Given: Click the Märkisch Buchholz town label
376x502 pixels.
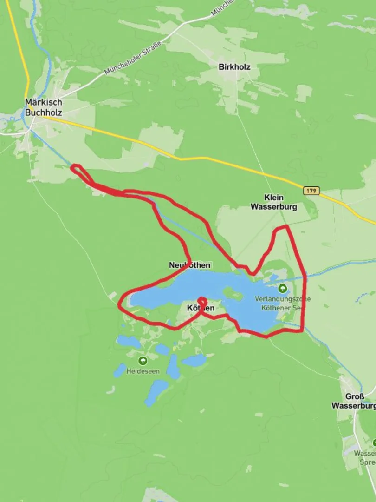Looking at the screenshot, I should tap(43, 107).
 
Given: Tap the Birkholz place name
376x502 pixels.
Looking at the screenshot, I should tap(234, 67).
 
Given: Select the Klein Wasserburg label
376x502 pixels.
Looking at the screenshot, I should tap(273, 202).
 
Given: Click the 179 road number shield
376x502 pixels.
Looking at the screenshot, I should tap(311, 191).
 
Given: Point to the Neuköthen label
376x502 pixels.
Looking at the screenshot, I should tap(189, 265).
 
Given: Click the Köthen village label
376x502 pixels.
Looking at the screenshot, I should tap(201, 308).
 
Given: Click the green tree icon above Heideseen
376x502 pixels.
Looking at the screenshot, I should tap(143, 360).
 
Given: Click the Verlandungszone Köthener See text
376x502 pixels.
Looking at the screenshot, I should tap(280, 304).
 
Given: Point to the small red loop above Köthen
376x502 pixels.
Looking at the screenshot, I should tap(201, 301).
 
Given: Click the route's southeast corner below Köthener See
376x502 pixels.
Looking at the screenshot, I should tap(303, 330).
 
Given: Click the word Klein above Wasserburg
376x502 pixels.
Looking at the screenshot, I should tap(273, 198).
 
